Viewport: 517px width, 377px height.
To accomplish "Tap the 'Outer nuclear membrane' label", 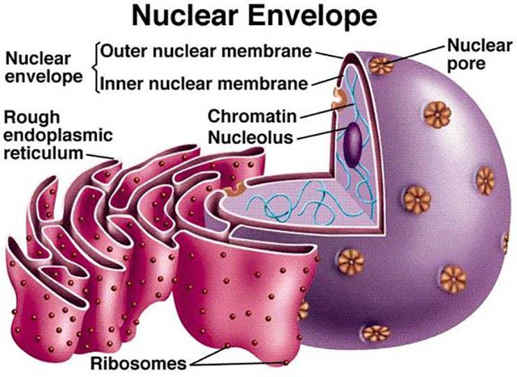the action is click(x=206, y=52).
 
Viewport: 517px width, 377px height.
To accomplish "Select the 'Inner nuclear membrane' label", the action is click(x=204, y=84).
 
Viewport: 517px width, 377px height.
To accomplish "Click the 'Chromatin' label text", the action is click(x=253, y=116).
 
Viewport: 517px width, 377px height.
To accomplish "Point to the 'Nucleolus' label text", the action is click(x=250, y=138).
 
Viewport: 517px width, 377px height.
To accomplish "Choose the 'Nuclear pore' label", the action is click(x=479, y=54).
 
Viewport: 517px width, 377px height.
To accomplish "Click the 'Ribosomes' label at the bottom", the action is click(x=138, y=364).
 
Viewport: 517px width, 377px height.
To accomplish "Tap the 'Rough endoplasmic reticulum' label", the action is click(x=58, y=135).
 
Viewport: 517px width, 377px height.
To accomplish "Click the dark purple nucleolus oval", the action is click(x=353, y=145).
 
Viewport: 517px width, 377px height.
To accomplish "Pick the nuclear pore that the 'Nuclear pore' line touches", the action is click(x=381, y=66).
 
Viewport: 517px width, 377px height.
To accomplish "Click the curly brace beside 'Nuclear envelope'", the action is click(x=96, y=68).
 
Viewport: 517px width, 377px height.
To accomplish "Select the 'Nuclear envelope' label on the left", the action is click(x=43, y=68).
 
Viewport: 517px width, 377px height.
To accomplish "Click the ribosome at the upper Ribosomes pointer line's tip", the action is click(x=227, y=346).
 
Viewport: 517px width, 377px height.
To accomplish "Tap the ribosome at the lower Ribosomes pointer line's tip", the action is click(x=286, y=362).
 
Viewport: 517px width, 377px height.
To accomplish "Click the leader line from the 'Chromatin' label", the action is click(x=327, y=110).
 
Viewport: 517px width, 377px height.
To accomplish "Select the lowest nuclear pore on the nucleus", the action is click(x=375, y=333).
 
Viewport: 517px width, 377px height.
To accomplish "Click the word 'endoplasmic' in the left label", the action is click(x=58, y=135).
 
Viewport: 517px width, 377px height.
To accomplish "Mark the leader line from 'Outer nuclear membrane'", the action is click(x=329, y=54).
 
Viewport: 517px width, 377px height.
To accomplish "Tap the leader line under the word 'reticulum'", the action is click(x=100, y=156).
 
